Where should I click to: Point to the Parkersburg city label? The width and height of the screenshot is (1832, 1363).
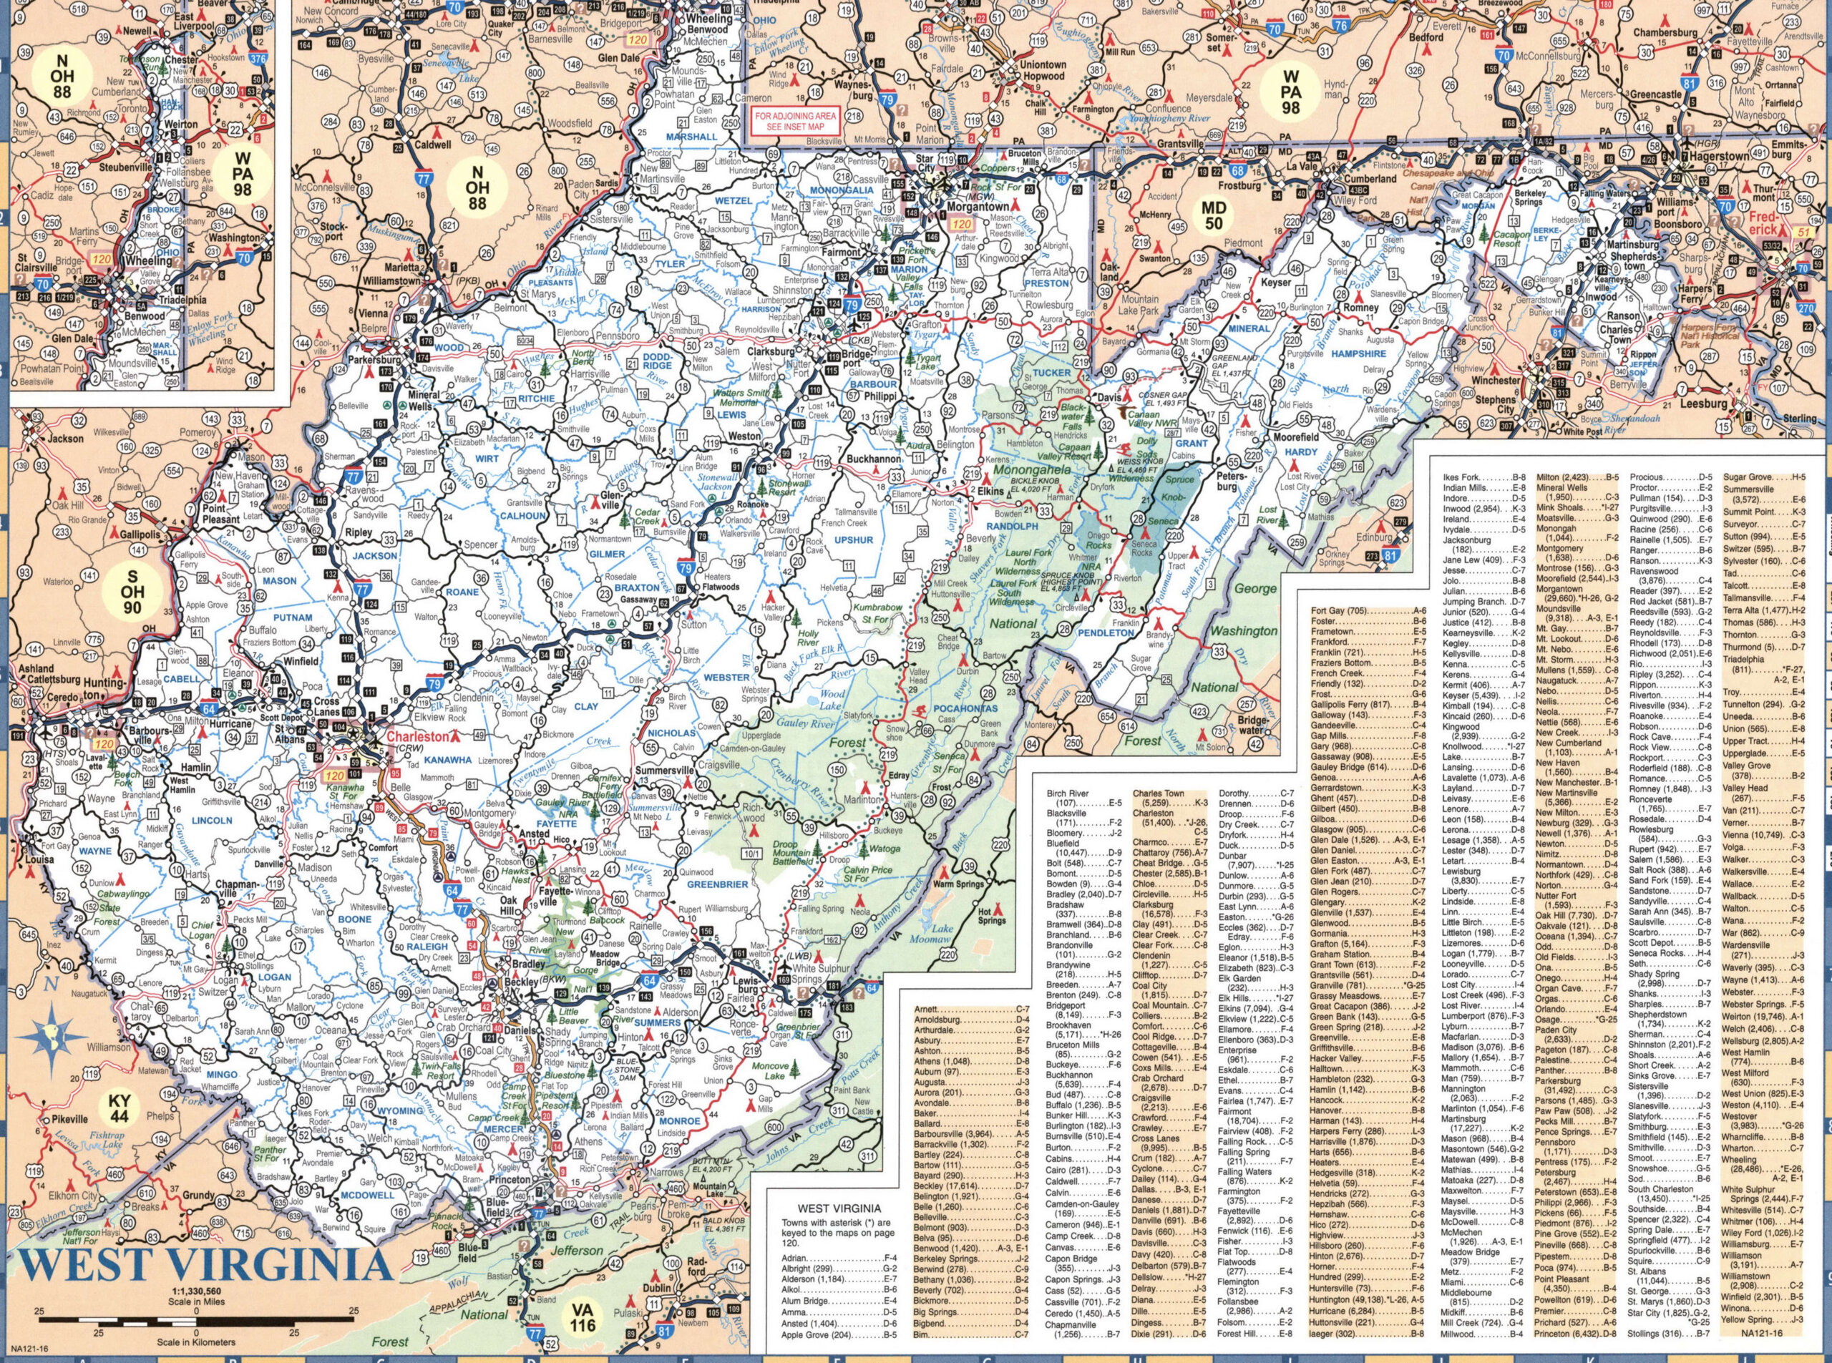(374, 361)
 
